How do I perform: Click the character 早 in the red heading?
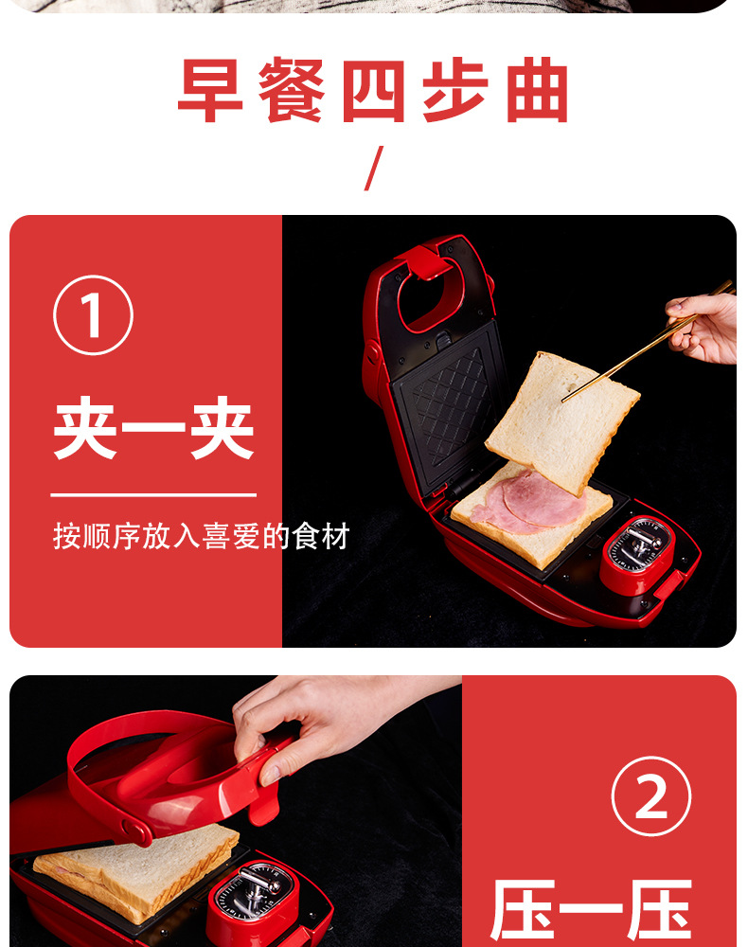tap(211, 91)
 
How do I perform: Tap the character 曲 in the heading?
tap(537, 91)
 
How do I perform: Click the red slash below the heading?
tap(374, 169)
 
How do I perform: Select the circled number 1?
tap(93, 314)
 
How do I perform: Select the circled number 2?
tap(651, 796)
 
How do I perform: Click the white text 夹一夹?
tap(154, 428)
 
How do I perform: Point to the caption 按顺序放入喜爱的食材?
tap(201, 536)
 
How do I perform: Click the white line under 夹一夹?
tap(153, 495)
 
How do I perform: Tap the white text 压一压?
tap(591, 909)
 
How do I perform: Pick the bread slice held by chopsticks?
tap(562, 421)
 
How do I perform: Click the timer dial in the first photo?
tap(639, 545)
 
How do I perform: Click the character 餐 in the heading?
tap(292, 91)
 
